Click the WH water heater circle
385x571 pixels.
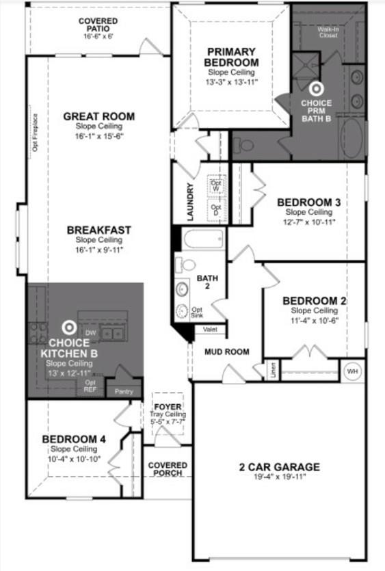coord(353,371)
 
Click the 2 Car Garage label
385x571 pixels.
coord(279,467)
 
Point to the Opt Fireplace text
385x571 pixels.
coord(35,137)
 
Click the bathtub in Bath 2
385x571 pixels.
coord(204,239)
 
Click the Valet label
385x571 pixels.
coord(210,329)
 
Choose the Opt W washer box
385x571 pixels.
coord(216,184)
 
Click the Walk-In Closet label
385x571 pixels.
coord(328,32)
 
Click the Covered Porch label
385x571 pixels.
coord(168,470)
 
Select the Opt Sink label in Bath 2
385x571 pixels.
coord(197,312)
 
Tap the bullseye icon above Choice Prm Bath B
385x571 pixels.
coord(316,89)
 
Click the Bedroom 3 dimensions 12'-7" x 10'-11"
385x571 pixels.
coord(309,222)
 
